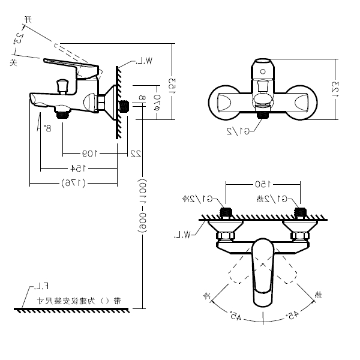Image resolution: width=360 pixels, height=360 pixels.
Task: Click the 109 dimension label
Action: pyautogui.click(x=89, y=152)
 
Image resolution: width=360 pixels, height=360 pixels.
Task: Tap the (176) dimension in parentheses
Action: pyautogui.click(x=73, y=183)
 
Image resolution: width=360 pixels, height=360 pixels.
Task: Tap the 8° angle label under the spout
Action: pyautogui.click(x=48, y=127)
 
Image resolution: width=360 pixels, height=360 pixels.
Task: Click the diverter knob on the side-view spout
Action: pyautogui.click(x=61, y=86)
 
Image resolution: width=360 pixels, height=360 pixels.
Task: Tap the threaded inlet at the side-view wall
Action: pyautogui.click(x=125, y=106)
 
